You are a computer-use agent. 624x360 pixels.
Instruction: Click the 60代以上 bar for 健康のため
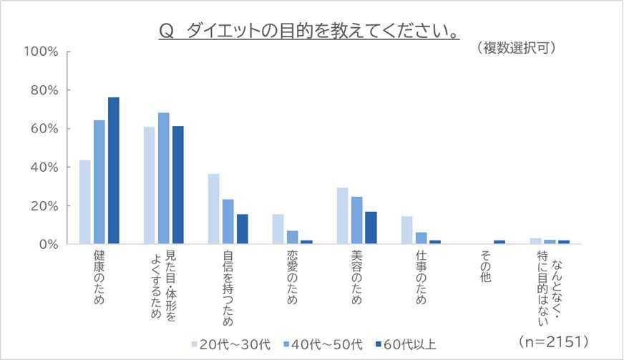113,170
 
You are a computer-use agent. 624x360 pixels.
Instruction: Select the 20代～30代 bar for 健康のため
84,202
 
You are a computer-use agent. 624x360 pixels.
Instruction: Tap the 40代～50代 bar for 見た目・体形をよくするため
163,178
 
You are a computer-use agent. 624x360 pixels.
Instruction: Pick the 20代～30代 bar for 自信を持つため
213,208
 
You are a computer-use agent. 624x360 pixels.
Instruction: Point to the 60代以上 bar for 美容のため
371,228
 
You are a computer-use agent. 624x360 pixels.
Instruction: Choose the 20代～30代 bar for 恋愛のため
278,229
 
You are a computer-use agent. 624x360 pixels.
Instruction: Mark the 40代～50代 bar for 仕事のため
421,238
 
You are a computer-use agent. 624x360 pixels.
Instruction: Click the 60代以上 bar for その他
499,242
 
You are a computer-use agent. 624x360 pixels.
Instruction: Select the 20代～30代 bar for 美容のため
342,215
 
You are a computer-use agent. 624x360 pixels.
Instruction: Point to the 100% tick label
40,52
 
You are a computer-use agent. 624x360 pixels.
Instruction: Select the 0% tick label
47,244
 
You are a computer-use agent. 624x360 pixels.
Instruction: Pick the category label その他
485,267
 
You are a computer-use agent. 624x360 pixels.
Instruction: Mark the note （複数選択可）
516,48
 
